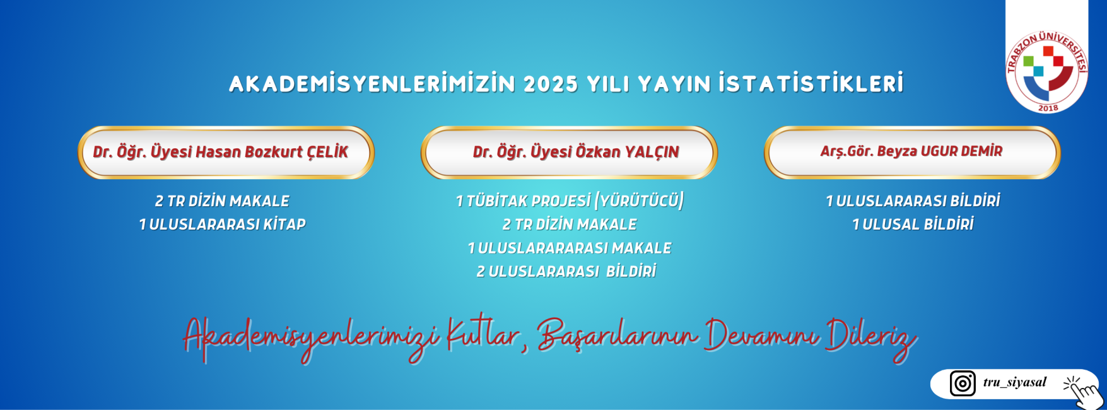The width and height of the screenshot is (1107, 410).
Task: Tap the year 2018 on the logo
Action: click(x=1048, y=108)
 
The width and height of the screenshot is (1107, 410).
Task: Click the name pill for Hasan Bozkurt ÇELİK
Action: click(x=226, y=152)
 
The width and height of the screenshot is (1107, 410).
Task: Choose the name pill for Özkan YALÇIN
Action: click(x=569, y=152)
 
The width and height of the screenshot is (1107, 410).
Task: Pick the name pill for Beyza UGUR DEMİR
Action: click(x=912, y=152)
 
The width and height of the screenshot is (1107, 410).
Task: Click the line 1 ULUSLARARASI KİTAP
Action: click(x=222, y=225)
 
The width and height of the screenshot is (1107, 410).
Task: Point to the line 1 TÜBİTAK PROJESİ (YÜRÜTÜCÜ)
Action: click(x=570, y=201)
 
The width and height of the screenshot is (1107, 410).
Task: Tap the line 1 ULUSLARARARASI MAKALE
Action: click(x=569, y=248)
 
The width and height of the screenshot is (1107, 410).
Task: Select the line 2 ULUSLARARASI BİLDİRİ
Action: click(x=566, y=271)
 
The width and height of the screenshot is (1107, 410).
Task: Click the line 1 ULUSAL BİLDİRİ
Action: click(x=913, y=225)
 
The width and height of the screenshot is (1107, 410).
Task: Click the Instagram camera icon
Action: click(x=963, y=384)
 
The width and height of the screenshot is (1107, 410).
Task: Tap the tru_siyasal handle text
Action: click(x=1014, y=382)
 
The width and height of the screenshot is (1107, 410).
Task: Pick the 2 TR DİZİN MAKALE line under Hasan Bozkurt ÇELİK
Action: click(x=222, y=201)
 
